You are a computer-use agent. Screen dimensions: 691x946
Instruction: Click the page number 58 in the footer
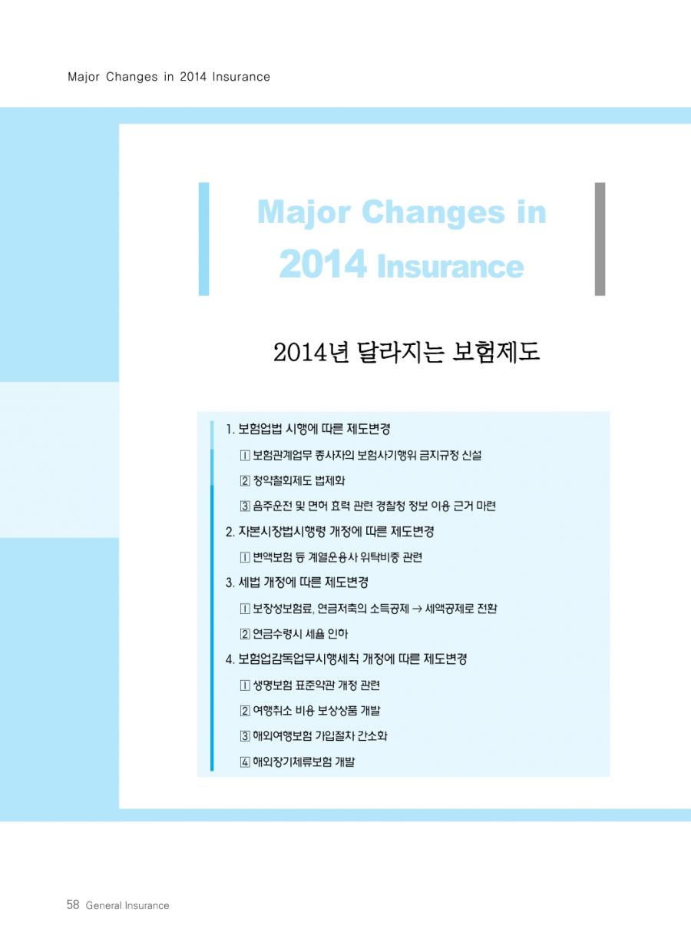73,905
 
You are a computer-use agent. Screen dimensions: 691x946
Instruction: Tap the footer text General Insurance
127,905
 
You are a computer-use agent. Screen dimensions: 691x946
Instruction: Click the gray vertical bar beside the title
600,239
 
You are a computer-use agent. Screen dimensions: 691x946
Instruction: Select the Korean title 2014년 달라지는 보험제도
407,352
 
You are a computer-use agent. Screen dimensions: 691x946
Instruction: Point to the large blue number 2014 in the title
322,264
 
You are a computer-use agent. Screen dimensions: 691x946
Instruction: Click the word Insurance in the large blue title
451,267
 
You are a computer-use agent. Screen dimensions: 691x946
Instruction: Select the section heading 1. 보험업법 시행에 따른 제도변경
308,429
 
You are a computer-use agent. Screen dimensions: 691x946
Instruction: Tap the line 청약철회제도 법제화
299,480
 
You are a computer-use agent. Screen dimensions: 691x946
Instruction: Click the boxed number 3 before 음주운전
245,506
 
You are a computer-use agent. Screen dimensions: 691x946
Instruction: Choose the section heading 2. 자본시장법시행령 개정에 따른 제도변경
330,531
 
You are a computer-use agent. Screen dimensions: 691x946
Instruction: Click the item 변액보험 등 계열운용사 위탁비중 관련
338,557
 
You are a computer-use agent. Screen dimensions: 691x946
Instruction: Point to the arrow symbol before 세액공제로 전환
417,609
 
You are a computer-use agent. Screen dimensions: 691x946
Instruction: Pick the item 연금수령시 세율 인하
300,634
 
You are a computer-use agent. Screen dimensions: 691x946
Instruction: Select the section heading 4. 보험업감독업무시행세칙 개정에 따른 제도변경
346,659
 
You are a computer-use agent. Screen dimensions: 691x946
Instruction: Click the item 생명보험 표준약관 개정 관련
316,685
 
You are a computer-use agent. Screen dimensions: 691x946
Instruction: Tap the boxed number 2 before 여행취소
245,711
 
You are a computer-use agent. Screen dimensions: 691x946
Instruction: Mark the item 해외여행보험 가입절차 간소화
320,736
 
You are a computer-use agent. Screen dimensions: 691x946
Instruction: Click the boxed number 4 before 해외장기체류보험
245,762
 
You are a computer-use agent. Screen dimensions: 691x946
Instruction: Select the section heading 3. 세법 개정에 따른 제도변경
297,583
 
